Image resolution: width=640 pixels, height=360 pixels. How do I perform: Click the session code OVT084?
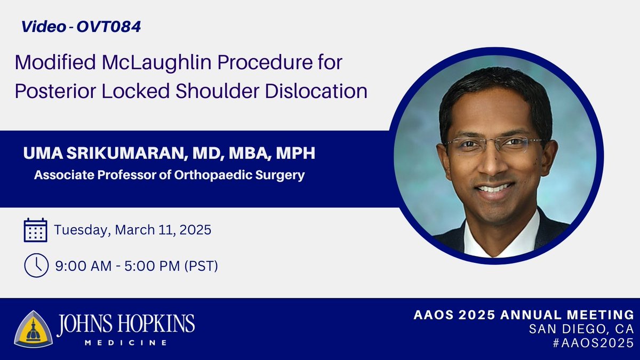(110, 27)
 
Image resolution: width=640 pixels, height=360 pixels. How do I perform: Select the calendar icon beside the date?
(36, 230)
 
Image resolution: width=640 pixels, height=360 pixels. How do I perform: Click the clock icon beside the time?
(36, 266)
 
